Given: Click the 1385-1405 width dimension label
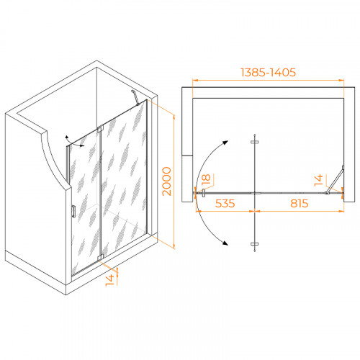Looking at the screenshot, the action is point(268,72).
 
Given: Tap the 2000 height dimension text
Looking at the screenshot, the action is point(167,181).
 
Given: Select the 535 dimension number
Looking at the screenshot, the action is point(225,204).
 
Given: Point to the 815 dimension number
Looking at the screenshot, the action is point(300,204).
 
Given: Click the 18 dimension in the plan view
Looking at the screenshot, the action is point(206,179).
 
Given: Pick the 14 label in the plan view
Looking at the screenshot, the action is point(319,181).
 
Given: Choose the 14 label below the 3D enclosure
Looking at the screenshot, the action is point(110,280).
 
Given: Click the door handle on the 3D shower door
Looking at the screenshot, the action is point(73,212).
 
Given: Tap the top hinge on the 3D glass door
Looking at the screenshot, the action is point(100,129).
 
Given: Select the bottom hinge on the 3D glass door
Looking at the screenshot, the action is point(100,256).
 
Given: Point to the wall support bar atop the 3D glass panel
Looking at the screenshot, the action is point(135,97).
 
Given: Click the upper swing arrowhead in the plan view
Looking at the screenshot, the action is point(225,143).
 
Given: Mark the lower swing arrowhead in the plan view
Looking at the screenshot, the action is point(225,243).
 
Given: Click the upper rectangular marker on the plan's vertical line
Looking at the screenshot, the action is point(255,142).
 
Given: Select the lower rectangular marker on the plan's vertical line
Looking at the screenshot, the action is point(255,244).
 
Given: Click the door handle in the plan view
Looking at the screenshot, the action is point(204,193).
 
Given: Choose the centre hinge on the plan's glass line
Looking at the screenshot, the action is point(256,193).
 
